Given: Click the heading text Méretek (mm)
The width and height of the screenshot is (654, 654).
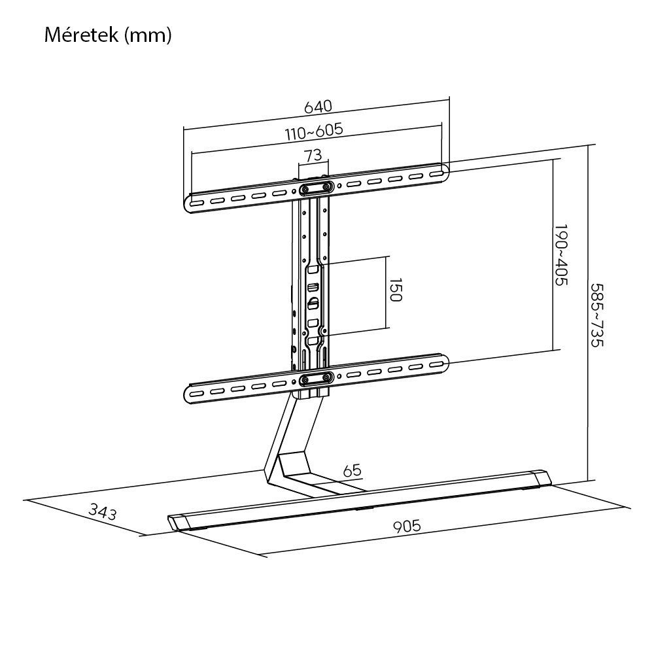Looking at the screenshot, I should (x=108, y=35).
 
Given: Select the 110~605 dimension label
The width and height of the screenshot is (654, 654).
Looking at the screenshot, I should (x=314, y=131).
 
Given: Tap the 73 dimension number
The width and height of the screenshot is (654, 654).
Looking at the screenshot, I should (x=313, y=155).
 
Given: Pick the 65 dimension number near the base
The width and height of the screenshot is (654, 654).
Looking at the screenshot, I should (x=352, y=470).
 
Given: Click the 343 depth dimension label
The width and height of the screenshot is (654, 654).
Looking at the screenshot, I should (x=103, y=512).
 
